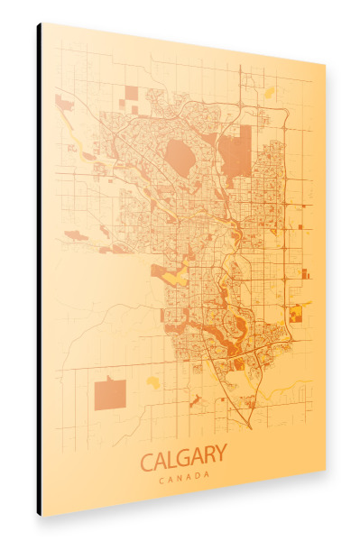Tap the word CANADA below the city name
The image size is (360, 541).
pyautogui.click(x=184, y=477)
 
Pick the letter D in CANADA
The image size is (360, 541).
pyautogui.click(x=199, y=476)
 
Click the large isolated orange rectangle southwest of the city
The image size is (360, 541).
pyautogui.click(x=110, y=394)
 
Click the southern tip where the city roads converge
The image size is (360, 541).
pyautogui.click(x=248, y=424)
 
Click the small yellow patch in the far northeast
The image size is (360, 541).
pyautogui.click(x=269, y=92)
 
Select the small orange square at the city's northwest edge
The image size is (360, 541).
pyautogui.click(x=132, y=92)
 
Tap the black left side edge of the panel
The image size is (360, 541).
pyautogui.click(x=39, y=270)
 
